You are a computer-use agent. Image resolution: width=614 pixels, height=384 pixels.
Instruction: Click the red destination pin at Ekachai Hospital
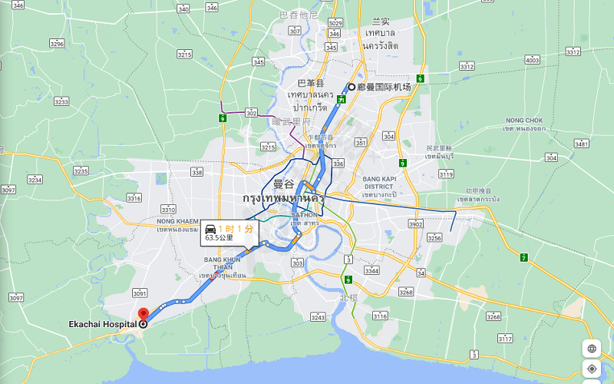pos(144,314)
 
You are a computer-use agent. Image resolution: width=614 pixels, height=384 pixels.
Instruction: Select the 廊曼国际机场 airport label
pos(384,87)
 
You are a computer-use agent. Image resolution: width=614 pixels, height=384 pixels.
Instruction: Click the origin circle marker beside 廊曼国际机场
pos(352,87)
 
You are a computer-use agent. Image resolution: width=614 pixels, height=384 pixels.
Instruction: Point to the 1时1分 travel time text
pos(235,229)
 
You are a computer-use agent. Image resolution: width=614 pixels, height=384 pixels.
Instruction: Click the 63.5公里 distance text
pos(220,239)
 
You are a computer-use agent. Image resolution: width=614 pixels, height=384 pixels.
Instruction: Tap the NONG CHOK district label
pos(524,121)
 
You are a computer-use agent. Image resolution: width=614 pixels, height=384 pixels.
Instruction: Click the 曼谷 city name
pos(283,184)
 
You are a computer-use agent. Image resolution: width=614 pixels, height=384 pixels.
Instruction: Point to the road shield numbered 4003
pos(532,59)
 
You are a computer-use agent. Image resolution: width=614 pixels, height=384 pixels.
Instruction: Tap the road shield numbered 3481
pos(581,144)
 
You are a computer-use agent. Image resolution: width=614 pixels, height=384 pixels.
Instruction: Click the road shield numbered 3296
pos(57,44)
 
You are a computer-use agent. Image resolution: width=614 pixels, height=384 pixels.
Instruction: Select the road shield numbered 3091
pos(139,293)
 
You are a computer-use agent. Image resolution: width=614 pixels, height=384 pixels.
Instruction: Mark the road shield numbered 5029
pos(335,24)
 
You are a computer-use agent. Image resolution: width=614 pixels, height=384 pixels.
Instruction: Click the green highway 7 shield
pos(523,257)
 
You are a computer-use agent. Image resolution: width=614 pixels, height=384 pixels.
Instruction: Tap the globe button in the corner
pos(593,348)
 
